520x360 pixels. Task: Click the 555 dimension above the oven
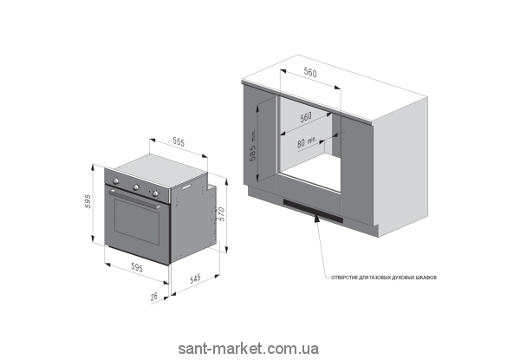click(x=178, y=141)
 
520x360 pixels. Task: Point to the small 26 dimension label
click(x=154, y=298)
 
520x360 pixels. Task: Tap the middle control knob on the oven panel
click(x=135, y=186)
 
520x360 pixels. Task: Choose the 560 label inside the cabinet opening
click(x=305, y=116)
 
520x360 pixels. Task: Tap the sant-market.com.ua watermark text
click(x=248, y=348)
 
